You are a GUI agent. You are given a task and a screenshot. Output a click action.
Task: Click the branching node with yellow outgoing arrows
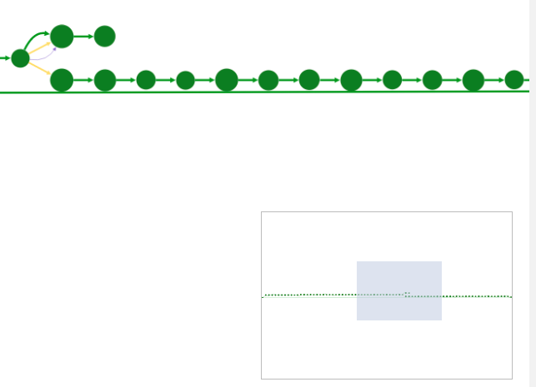tap(20, 58)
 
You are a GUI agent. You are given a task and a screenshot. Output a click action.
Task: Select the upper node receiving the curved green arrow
tap(62, 37)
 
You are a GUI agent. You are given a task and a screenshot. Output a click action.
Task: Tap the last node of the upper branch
tap(104, 36)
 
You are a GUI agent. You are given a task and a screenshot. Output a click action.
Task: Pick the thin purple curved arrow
tap(45, 57)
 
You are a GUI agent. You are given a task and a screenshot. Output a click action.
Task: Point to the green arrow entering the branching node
tap(5, 58)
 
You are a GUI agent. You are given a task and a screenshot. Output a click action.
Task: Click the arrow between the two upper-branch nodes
tap(83, 37)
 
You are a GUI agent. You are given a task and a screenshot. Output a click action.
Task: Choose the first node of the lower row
tap(62, 80)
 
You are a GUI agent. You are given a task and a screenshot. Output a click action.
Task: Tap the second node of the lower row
tap(105, 80)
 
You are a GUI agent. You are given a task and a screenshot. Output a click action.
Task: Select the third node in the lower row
tap(146, 80)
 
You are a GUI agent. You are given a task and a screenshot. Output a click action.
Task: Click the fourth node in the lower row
tap(185, 80)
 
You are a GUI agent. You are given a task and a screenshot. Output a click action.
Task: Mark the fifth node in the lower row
tap(227, 80)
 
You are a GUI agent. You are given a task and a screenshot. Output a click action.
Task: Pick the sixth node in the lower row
tap(268, 80)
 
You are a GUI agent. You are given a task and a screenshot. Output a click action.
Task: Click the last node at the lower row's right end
tap(514, 80)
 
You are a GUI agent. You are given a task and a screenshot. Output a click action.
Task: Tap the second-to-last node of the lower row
tap(473, 80)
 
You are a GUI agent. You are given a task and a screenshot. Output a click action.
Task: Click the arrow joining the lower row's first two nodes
tap(83, 80)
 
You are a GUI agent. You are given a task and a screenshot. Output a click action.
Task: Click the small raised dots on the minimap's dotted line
tap(407, 293)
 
